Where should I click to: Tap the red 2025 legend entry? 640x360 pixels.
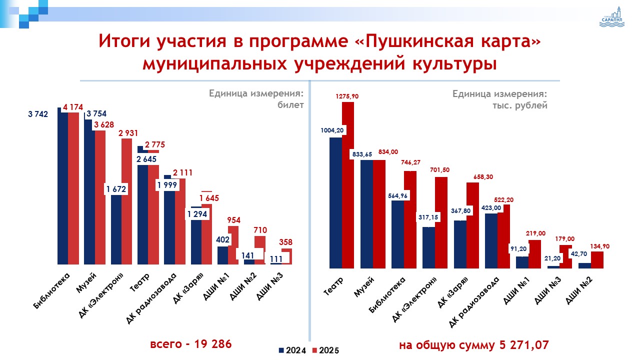point(325,350)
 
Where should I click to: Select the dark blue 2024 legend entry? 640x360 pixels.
point(292,350)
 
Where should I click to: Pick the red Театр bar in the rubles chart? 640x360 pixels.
point(347,190)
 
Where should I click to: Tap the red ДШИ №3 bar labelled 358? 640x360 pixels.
point(286,256)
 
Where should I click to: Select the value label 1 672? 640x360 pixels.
point(116,188)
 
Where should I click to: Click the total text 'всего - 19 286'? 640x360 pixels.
point(191,344)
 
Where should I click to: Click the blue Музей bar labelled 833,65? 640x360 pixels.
point(366,215)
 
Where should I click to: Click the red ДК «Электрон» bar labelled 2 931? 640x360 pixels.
point(127,200)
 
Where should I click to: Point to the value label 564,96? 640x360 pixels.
point(397,195)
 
